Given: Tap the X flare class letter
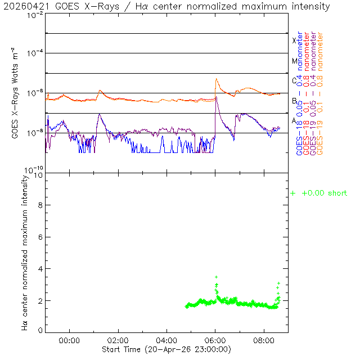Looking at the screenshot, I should click(x=294, y=40).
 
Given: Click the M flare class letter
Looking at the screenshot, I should click(x=294, y=61).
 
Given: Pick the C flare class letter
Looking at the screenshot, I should click(x=294, y=80).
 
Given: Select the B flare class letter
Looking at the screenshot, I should click(x=294, y=101).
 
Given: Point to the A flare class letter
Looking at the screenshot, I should click(x=294, y=120).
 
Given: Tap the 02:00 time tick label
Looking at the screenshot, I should click(x=118, y=340).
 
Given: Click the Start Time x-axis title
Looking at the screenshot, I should click(x=166, y=349).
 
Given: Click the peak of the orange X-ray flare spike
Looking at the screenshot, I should click(x=217, y=79).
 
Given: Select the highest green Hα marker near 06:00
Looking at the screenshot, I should click(x=217, y=277).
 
